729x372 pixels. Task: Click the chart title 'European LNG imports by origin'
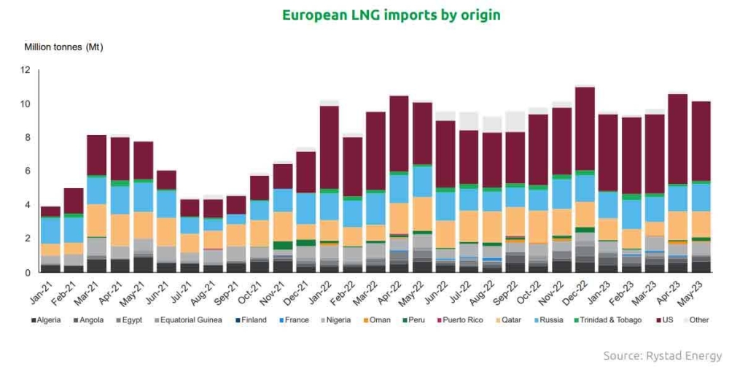point(391,15)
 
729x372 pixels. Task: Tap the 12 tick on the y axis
point(26,70)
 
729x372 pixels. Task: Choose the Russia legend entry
point(550,319)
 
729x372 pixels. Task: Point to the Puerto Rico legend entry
point(458,319)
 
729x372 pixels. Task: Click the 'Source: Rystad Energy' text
point(662,356)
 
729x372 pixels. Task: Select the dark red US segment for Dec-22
point(585,128)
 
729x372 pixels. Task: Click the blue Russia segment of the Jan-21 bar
point(50,230)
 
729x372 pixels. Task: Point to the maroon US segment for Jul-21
point(190,208)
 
